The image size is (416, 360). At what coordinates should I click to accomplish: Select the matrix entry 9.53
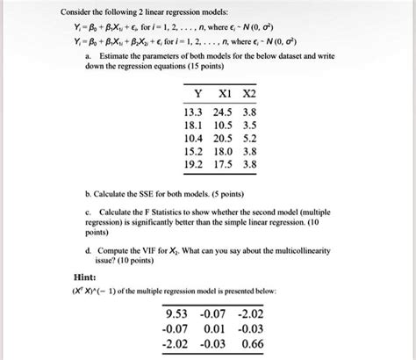(179, 313)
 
